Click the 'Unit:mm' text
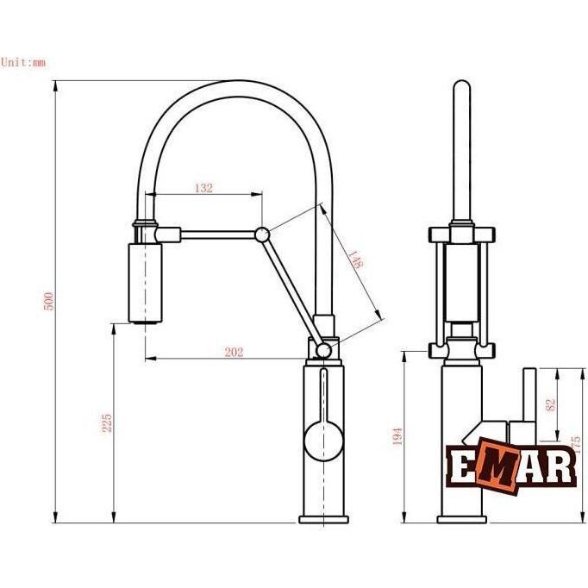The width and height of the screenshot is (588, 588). click(23, 62)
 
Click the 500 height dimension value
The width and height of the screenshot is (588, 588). click(49, 302)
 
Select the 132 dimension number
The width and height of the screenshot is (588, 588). click(203, 188)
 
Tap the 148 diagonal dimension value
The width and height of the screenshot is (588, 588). click(355, 260)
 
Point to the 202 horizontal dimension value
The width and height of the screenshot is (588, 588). click(234, 352)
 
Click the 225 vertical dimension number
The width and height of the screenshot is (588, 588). click(107, 422)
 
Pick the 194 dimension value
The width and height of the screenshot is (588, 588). click(397, 436)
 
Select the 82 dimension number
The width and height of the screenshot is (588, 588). click(551, 404)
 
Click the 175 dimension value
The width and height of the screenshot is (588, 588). click(579, 445)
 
